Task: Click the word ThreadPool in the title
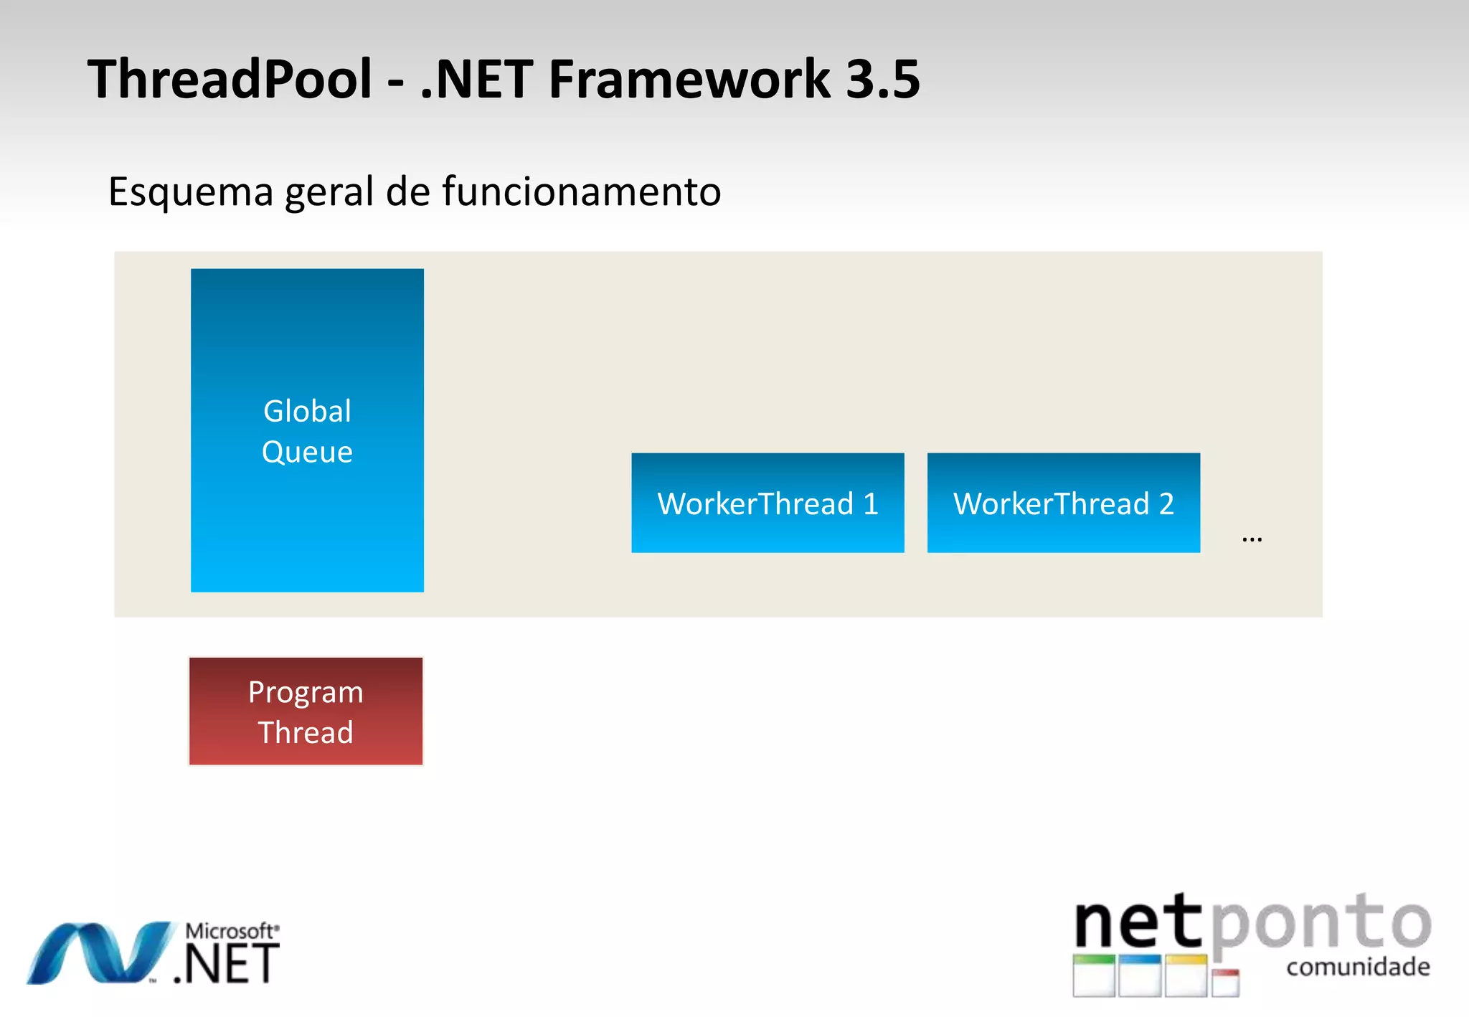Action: click(x=230, y=79)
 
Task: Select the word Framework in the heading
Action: click(x=689, y=79)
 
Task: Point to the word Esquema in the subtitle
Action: click(x=191, y=192)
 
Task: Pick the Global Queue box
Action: click(x=307, y=430)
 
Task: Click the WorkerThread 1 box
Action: click(x=767, y=503)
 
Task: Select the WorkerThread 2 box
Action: click(x=1063, y=503)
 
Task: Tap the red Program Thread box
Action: click(x=306, y=711)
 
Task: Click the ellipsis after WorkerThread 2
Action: click(x=1252, y=539)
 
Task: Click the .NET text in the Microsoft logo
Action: click(x=227, y=965)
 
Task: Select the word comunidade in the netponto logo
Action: click(x=1358, y=967)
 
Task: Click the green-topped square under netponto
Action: click(x=1094, y=975)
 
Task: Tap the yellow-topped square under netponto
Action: click(x=1186, y=975)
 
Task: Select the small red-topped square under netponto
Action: click(x=1226, y=983)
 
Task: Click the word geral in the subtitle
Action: click(x=331, y=192)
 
